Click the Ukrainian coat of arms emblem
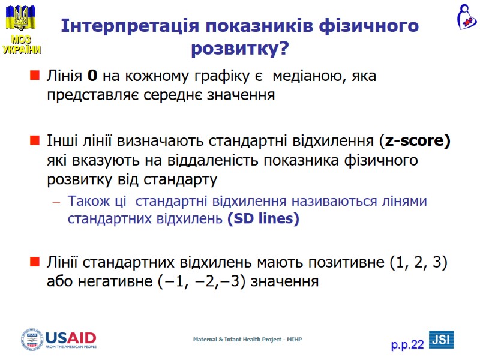point(20,17)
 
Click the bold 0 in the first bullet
point(92,76)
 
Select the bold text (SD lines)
point(263,219)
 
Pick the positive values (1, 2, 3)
point(418,263)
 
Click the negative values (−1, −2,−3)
point(184,281)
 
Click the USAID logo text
point(71,337)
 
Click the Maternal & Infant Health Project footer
point(247,340)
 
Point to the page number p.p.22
point(407,344)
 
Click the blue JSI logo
point(441,339)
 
